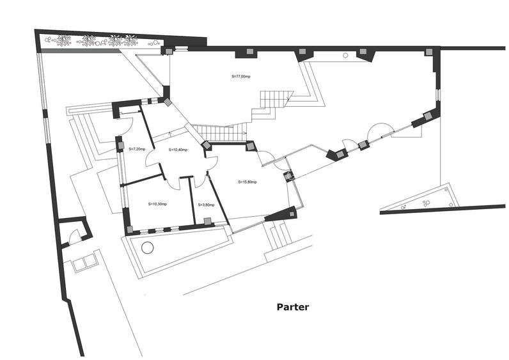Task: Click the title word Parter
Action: pos(293,307)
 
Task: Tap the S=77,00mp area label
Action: pos(242,75)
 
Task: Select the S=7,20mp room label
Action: pos(137,149)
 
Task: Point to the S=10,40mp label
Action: pos(178,150)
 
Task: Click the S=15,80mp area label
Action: pos(247,182)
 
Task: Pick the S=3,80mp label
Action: pos(206,205)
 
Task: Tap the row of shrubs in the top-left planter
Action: pos(96,41)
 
